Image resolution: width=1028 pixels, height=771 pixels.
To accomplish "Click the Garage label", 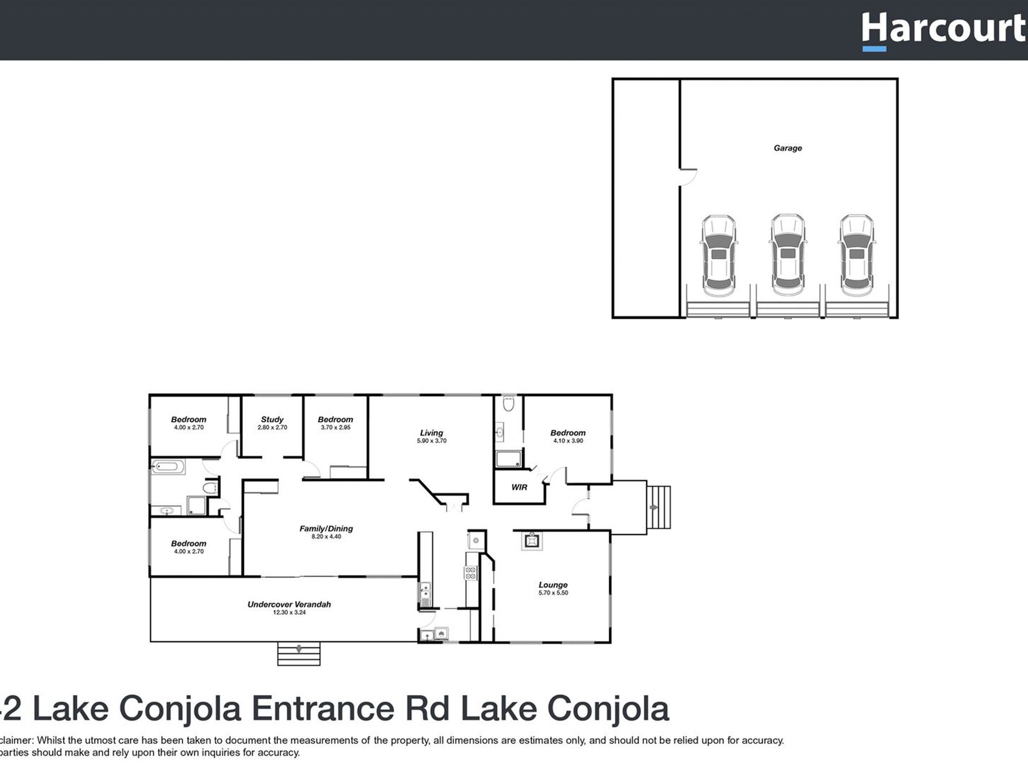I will point(787,148).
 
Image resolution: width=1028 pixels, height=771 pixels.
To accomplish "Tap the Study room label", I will point(272,419).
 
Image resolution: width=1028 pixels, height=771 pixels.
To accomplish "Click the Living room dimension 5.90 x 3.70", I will point(431,441).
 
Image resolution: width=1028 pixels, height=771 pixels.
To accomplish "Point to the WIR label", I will point(519,487).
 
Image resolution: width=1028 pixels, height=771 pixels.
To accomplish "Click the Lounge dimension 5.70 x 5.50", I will point(553,593).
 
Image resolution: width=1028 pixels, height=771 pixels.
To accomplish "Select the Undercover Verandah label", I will point(289,604).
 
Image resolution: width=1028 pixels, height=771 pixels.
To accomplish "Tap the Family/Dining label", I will point(326,529).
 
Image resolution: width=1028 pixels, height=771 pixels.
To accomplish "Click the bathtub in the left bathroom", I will point(168,466).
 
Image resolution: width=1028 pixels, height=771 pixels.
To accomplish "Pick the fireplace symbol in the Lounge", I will point(531,541).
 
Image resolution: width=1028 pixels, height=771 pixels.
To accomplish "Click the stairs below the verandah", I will point(299,654).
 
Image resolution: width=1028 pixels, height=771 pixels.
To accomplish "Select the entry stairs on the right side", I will point(658,508).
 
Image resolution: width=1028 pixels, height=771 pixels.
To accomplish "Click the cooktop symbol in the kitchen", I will point(471,573).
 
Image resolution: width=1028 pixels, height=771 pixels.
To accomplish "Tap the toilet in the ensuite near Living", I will point(508,404).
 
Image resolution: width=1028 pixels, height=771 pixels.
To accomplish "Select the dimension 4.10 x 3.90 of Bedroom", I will point(568,441).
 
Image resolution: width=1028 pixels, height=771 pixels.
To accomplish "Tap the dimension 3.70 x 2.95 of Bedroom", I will point(335,427).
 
